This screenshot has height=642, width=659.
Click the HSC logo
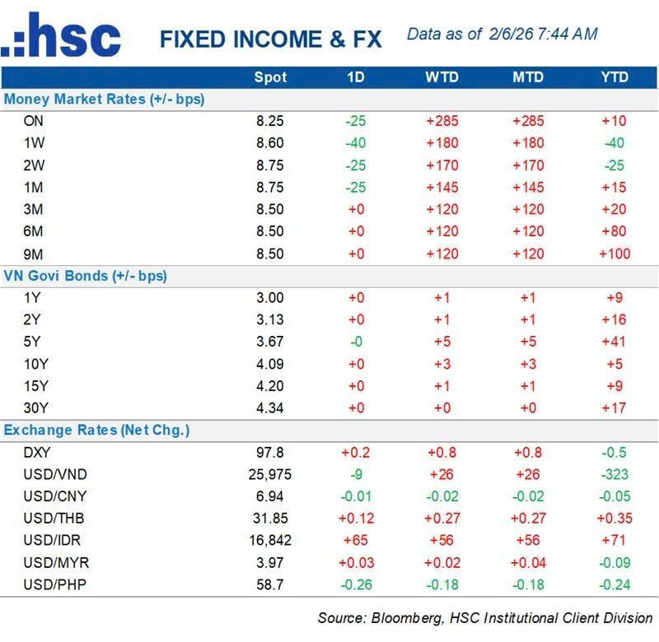pos(61,37)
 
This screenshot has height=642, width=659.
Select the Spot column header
pos(270,77)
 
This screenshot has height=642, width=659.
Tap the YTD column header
pos(614,77)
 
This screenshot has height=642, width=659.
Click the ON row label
pos(34,121)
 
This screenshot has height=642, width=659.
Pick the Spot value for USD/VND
pos(270,474)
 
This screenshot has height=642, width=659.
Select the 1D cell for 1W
pos(357,142)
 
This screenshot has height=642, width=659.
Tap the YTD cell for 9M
pos(614,254)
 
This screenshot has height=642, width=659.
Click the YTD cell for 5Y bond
pos(614,342)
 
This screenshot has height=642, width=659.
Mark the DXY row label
pos(38,452)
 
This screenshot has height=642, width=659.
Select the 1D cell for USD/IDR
pos(357,540)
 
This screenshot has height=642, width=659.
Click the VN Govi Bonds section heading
pos(86,276)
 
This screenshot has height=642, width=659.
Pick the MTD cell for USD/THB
pos(528,519)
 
